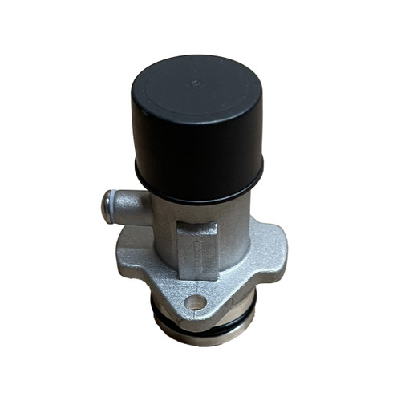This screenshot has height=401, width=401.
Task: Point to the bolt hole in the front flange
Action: pyautogui.click(x=195, y=303)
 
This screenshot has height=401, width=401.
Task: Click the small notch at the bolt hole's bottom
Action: pyautogui.click(x=195, y=312)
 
